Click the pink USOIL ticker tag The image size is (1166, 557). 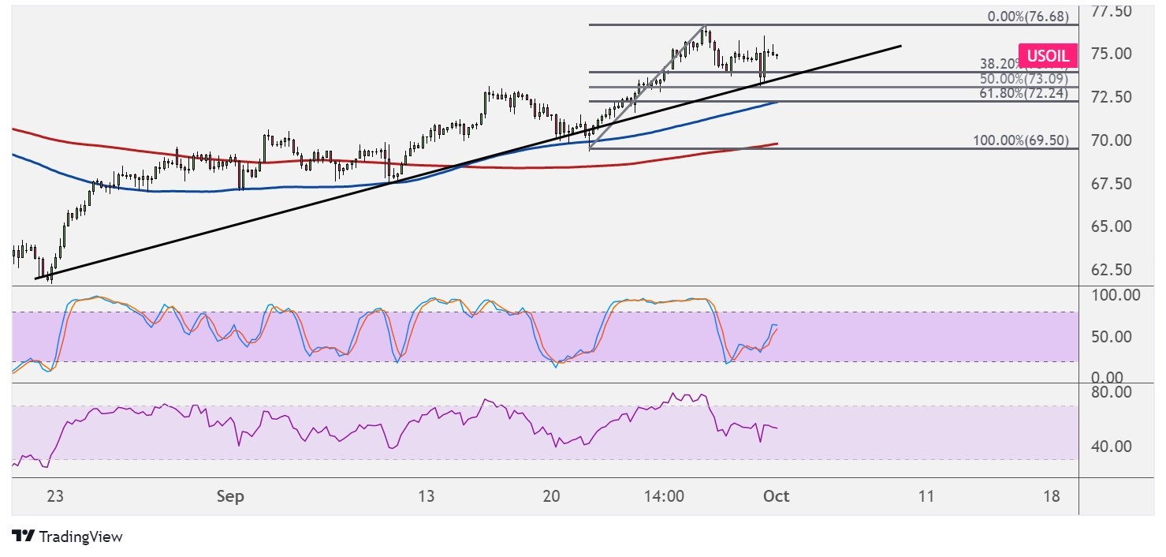pos(1048,55)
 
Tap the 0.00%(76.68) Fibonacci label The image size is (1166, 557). pos(1024,17)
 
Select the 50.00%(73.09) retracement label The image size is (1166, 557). pos(1024,79)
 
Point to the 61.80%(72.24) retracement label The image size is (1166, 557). pos(1024,94)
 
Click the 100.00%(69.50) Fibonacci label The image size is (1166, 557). pos(1021,140)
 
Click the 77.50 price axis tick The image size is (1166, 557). pos(1111,11)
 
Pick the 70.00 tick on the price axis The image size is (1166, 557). pos(1111,140)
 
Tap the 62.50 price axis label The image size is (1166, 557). pos(1111,269)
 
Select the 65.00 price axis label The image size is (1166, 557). pos(1111,226)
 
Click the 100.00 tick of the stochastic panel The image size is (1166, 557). pos(1115,296)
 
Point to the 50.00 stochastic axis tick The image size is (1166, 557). pos(1111,337)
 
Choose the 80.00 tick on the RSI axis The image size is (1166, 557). pos(1111,391)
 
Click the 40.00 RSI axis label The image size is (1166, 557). pos(1111,447)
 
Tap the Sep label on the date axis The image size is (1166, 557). pos(229,497)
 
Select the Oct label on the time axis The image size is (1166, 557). pos(777,497)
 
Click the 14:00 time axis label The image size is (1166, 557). pos(664,497)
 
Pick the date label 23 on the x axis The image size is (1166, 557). pos(55,497)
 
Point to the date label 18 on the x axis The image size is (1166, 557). pos(1051,497)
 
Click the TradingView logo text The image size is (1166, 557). pos(80,537)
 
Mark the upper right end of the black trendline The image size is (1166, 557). pos(900,46)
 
